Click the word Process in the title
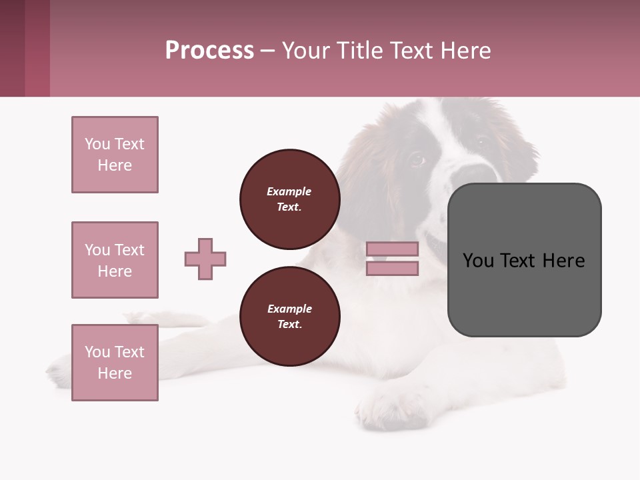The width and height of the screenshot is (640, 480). coord(209,51)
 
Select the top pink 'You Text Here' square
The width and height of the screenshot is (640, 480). coord(115,155)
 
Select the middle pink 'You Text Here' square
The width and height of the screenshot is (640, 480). coord(115,260)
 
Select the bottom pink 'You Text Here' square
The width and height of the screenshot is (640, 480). coord(115,363)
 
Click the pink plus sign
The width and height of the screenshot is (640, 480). coord(205,259)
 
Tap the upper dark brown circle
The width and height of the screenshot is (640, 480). coord(289,199)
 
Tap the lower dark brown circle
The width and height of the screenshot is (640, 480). coord(289,317)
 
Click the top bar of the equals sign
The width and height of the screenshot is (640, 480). coord(392,249)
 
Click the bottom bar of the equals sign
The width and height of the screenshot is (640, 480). coord(392,269)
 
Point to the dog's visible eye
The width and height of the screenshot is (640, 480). coord(417,159)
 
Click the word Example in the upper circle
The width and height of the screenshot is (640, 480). coord(289,191)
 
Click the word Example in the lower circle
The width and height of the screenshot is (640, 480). coord(289,309)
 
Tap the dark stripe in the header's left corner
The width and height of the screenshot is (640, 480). coord(12,48)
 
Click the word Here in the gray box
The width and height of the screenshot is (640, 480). coord(564,261)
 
